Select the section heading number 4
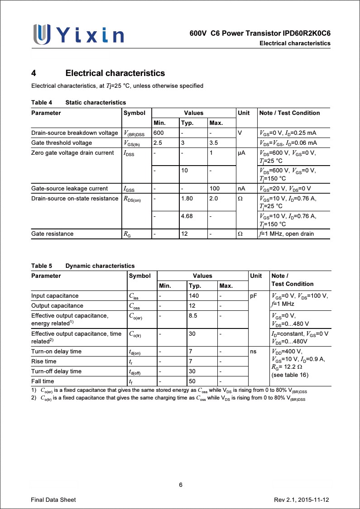tap(34, 73)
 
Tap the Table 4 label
tap(42, 103)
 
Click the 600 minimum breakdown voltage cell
tap(158, 133)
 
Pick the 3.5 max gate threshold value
tap(214, 143)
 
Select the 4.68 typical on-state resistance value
tap(187, 216)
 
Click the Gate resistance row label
tap(52, 234)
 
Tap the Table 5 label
tap(42, 266)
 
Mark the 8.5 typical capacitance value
tap(193, 316)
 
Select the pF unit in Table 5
tap(254, 296)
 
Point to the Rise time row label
tap(44, 362)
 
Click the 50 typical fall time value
tap(192, 381)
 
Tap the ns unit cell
tap(253, 352)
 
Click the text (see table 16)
tap(290, 375)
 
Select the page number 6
tap(180, 485)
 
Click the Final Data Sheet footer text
tap(53, 500)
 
